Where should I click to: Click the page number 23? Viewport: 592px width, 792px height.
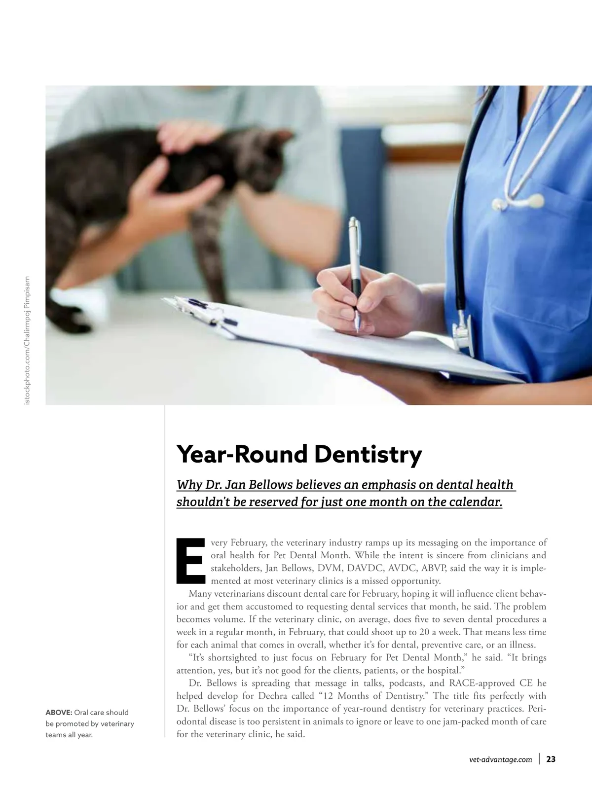(551, 759)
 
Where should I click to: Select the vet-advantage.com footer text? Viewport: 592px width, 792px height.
(501, 760)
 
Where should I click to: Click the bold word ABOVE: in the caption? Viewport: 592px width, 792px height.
(59, 713)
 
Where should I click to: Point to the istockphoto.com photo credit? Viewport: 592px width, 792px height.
(27, 340)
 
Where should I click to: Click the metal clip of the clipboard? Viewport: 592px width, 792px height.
(207, 311)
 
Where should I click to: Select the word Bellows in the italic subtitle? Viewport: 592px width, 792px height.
(271, 485)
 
